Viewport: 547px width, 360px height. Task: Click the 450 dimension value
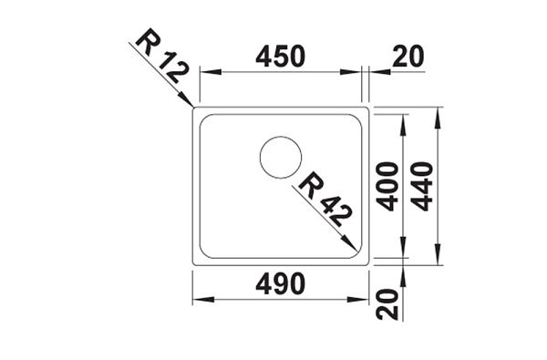280,57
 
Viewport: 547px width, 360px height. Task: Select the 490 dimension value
280,283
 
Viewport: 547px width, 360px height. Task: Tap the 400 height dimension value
388,187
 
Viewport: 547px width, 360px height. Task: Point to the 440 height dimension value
422,187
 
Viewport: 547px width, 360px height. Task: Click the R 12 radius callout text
162,56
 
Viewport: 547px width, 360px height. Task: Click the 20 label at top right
408,57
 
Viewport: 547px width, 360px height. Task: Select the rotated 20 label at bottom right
387,304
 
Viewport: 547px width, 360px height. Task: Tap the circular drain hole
281,158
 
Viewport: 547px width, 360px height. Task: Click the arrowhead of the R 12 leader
186,99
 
